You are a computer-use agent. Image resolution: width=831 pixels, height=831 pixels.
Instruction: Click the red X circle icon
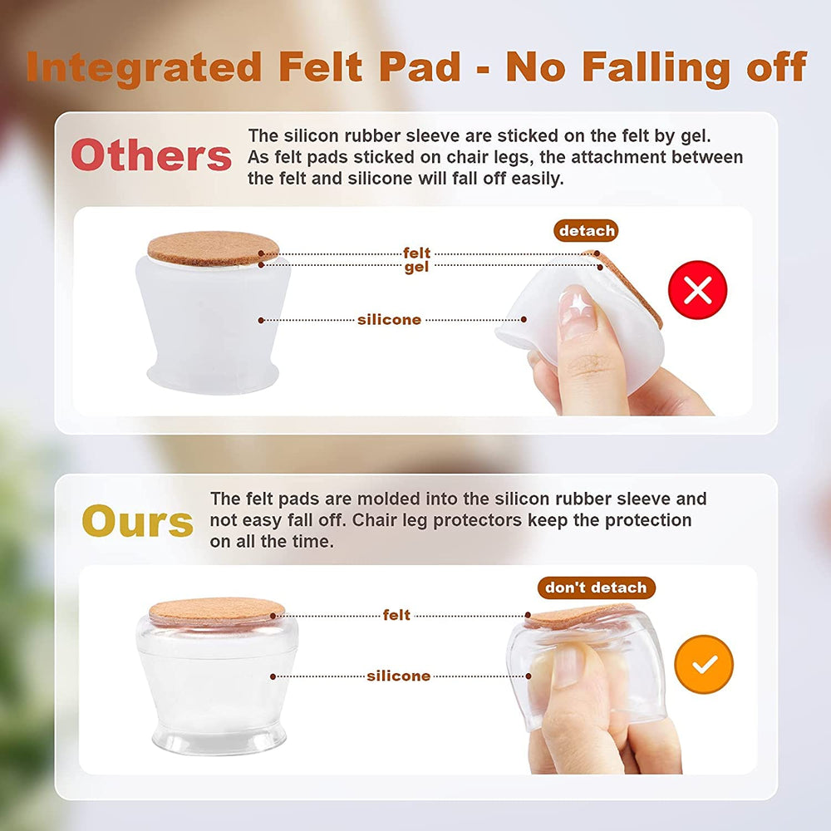click(x=697, y=290)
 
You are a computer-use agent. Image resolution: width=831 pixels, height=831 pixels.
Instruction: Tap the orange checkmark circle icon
click(x=704, y=664)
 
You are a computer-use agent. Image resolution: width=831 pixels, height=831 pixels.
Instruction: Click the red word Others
click(x=151, y=155)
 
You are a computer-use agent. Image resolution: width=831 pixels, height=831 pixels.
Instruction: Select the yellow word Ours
click(x=138, y=521)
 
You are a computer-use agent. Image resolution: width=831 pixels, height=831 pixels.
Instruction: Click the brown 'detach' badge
click(x=586, y=230)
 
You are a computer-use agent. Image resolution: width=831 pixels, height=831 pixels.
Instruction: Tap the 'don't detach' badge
click(x=596, y=588)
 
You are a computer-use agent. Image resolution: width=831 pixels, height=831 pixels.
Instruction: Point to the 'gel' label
click(x=416, y=267)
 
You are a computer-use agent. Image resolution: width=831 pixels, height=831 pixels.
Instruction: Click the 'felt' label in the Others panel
click(x=416, y=253)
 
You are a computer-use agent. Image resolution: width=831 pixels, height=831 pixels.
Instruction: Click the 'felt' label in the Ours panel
click(x=396, y=615)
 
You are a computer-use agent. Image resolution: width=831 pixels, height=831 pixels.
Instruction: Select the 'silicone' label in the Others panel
click(x=389, y=320)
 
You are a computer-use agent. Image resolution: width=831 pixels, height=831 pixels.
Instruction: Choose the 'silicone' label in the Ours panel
click(x=399, y=676)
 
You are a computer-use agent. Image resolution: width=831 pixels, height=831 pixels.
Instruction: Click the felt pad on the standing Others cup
click(x=213, y=248)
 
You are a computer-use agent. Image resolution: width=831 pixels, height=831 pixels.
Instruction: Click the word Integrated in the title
click(x=144, y=67)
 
